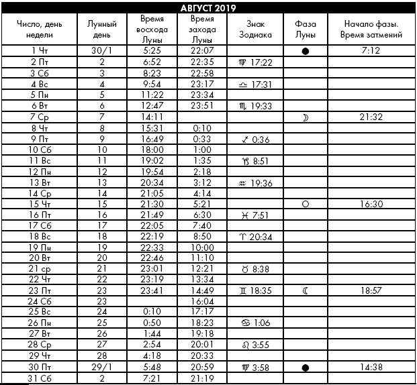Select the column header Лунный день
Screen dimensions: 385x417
[x=102, y=28]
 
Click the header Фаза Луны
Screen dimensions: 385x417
[x=306, y=28]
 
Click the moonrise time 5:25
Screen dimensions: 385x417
[x=151, y=50]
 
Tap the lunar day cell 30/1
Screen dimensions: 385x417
[x=102, y=50]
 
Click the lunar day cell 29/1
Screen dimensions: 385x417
[x=102, y=368]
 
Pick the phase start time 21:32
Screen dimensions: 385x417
[x=371, y=117]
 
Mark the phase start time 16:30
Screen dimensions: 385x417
[x=371, y=204]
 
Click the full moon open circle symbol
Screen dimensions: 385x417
[x=306, y=204]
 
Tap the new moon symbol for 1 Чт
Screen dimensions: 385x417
[x=306, y=51]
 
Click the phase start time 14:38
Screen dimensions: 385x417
[x=371, y=368]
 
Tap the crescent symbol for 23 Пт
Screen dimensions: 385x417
[x=306, y=291]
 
